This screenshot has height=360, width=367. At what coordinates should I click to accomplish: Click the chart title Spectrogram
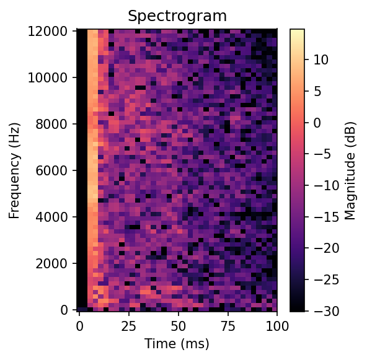(177, 16)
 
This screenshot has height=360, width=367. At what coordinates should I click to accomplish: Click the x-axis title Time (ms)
(177, 344)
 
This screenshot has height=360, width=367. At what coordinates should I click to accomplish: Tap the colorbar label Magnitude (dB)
(351, 170)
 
